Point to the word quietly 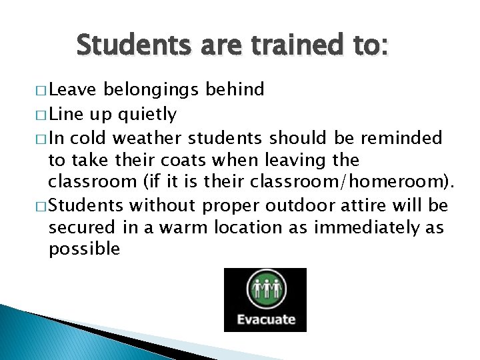pyautogui.click(x=147, y=115)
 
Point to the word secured pyautogui.click(x=83, y=227)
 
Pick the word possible pyautogui.click(x=84, y=250)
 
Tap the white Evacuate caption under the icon pyautogui.click(x=266, y=319)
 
